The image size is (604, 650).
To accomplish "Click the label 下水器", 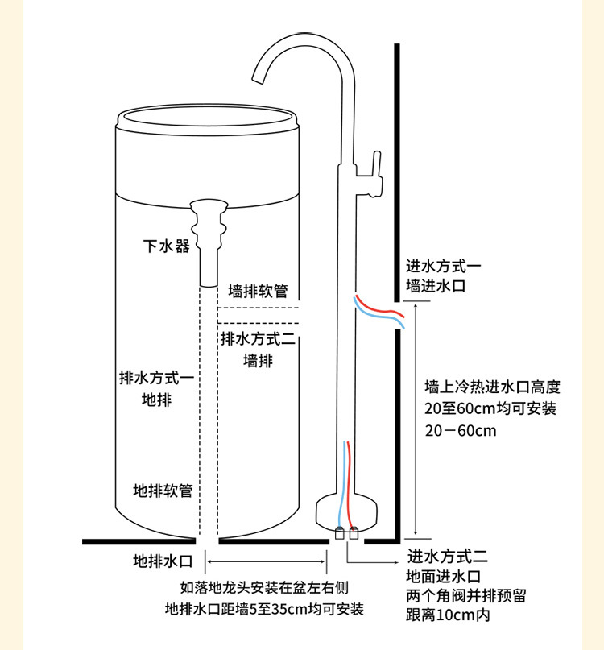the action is pyautogui.click(x=167, y=246).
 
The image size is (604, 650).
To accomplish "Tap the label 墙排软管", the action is pyautogui.click(x=258, y=291).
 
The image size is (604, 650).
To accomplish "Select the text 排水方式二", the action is pyautogui.click(x=258, y=339).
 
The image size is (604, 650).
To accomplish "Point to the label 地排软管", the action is pyautogui.click(x=163, y=490).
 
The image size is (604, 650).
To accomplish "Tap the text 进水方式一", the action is pyautogui.click(x=444, y=266).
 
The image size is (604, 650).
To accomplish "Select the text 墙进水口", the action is pyautogui.click(x=436, y=285).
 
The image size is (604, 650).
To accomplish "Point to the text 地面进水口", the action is pyautogui.click(x=444, y=576).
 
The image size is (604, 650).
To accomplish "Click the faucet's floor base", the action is pyautogui.click(x=347, y=508).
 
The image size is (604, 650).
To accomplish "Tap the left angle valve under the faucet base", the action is pyautogui.click(x=340, y=532).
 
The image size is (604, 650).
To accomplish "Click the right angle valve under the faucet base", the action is pyautogui.click(x=354, y=532).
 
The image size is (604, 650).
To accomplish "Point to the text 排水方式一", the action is pyautogui.click(x=156, y=377).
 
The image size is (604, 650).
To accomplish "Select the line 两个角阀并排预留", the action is pyautogui.click(x=465, y=596).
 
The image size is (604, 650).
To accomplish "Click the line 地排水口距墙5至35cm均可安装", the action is pyautogui.click(x=264, y=608).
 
